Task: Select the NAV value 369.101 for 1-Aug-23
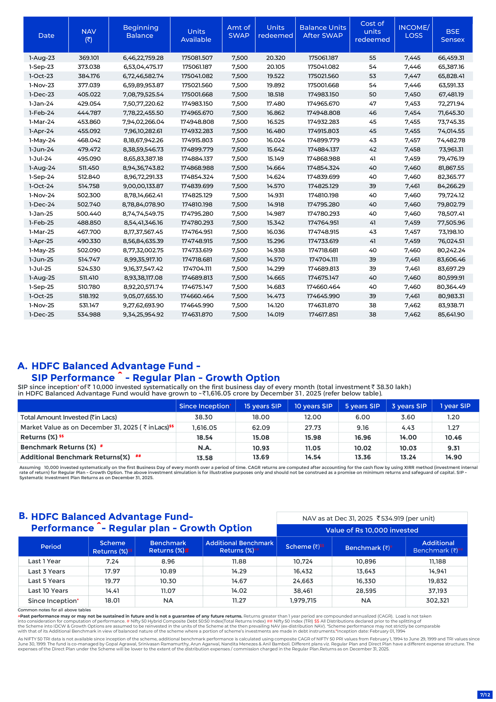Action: (x=89, y=58)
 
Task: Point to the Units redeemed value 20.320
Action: (x=276, y=58)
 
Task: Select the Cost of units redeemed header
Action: (x=372, y=31)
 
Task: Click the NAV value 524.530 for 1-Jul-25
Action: (x=89, y=268)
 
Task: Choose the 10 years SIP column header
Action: (x=313, y=406)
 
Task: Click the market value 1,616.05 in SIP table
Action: (x=204, y=428)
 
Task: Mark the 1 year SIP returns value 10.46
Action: (x=454, y=438)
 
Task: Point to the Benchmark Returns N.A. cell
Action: (x=204, y=448)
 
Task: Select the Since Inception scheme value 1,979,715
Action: (x=303, y=601)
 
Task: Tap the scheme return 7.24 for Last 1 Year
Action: (x=112, y=561)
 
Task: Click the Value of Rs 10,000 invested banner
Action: (x=372, y=530)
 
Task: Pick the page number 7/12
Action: (x=485, y=695)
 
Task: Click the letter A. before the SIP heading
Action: (x=22, y=366)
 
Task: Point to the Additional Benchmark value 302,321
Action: (x=437, y=601)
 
